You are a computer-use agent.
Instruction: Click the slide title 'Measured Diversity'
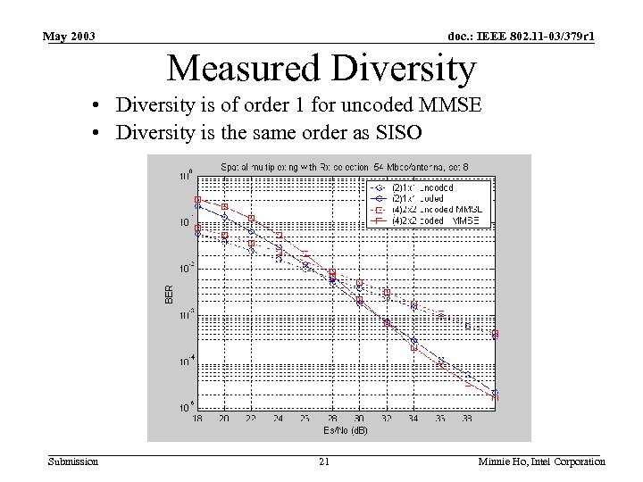[x=321, y=68]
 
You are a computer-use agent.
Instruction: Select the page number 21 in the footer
[x=324, y=461]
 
